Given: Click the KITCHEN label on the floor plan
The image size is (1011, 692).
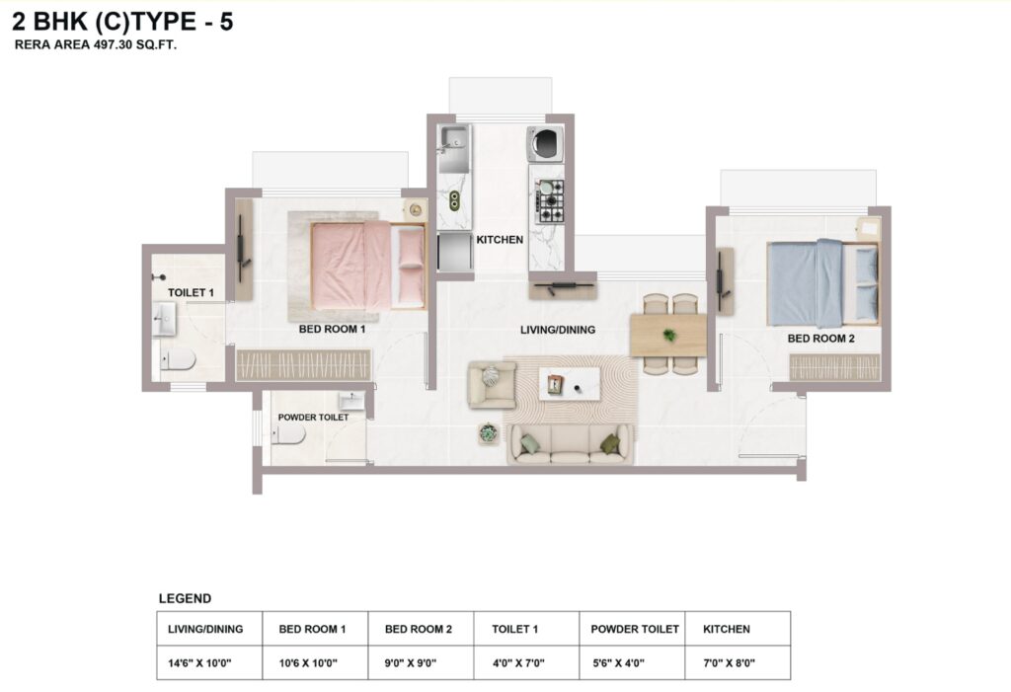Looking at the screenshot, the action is pos(500,240).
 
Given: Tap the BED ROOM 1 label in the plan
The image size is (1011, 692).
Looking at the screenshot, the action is pos(332,329).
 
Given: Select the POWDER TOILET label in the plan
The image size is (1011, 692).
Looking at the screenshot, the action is pos(313,418).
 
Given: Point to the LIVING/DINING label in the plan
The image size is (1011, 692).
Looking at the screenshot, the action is pos(558,330).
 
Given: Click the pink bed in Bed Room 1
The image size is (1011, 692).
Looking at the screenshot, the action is pos(368,266).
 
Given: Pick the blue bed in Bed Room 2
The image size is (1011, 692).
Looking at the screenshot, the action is pos(822,283).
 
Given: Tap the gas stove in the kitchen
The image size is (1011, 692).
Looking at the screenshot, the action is pos(549,201).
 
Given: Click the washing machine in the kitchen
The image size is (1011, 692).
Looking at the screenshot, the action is pos(545,143).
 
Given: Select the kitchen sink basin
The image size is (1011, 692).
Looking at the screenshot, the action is pos(454,139).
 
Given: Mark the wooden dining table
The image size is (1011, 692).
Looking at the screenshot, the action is pos(668,336).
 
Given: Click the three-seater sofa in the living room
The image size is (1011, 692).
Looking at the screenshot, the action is pos(570,443).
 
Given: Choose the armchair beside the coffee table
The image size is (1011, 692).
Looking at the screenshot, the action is pos(492,384).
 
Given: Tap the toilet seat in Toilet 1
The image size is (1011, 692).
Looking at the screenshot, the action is pos(178,360).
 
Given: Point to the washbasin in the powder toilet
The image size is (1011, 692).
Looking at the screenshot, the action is pos(352,401).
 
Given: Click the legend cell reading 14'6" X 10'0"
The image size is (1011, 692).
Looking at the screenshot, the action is pos(199,663).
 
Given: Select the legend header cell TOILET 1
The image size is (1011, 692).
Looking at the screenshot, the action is pos(514,629).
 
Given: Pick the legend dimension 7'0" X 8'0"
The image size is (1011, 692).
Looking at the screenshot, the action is pos(730,663).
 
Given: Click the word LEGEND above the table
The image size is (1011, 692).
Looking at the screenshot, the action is pos(185,598).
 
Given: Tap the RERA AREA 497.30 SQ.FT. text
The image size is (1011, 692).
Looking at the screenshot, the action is pos(96,45).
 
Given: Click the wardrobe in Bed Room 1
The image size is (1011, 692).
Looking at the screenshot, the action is pos(303,365).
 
